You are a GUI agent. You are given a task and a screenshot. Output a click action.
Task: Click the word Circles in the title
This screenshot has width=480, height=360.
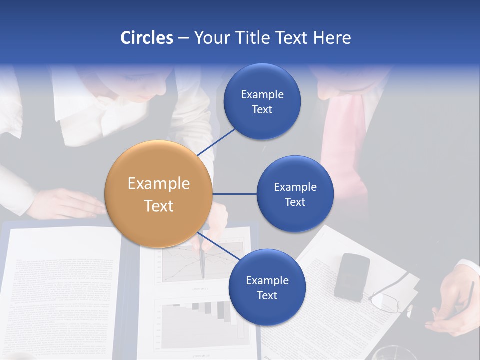coord(146,38)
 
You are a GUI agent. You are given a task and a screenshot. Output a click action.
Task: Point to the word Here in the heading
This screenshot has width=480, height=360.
coord(332,38)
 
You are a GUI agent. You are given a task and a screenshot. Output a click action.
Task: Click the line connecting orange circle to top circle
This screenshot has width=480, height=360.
coord(217,142)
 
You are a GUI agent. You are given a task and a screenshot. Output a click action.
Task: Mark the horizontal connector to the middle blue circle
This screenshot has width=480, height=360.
coord(234,194)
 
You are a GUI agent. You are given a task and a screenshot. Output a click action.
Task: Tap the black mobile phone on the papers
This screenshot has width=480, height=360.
coord(352,276)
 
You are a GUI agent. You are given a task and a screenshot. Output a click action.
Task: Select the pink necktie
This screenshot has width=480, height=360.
coord(345,150)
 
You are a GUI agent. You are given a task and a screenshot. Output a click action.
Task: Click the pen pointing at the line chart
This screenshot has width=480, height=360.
coord(202,262)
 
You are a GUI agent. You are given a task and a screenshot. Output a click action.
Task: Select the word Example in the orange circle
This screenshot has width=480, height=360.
coord(158,183)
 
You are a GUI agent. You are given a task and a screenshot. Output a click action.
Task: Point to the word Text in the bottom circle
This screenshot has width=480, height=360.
coord(267,295)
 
